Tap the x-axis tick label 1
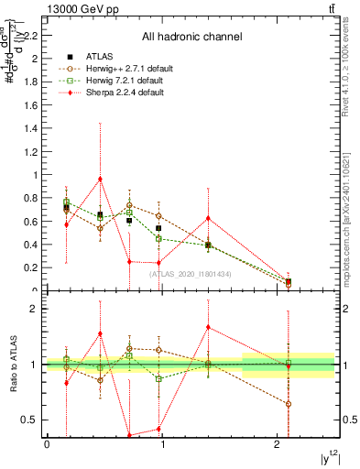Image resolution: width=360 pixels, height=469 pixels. pyautogui.click(x=163, y=444)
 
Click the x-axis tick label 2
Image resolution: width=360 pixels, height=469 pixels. pyautogui.click(x=278, y=444)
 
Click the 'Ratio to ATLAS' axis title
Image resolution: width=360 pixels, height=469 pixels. pyautogui.click(x=13, y=365)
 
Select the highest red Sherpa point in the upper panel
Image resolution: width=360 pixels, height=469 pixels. pyautogui.click(x=100, y=179)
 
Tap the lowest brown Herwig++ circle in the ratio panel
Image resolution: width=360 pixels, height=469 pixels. pyautogui.click(x=289, y=404)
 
